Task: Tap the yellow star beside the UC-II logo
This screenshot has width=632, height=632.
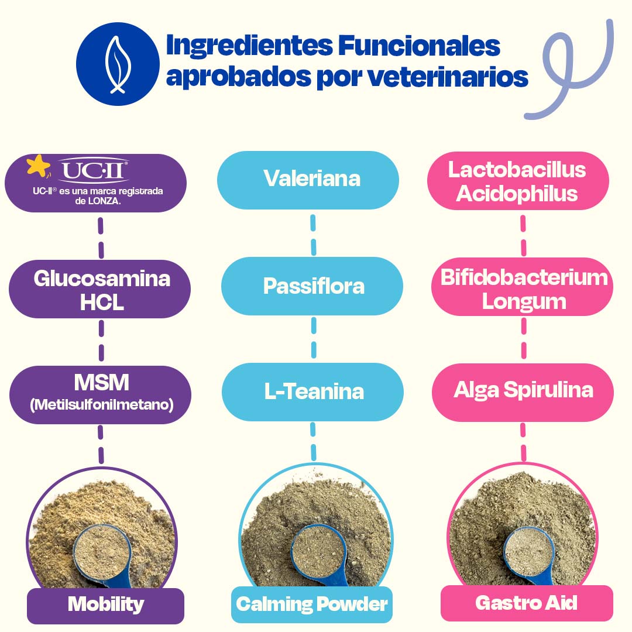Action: click(38, 166)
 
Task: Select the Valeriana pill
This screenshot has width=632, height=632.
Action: click(312, 178)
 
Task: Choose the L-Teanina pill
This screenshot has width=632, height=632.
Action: click(314, 391)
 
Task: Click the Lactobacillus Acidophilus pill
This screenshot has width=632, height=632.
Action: click(517, 181)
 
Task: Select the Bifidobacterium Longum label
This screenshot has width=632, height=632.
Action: click(523, 289)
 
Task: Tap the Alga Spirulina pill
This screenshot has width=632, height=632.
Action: click(523, 390)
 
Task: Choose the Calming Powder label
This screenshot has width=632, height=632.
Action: click(312, 603)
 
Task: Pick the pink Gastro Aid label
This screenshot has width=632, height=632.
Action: click(526, 603)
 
